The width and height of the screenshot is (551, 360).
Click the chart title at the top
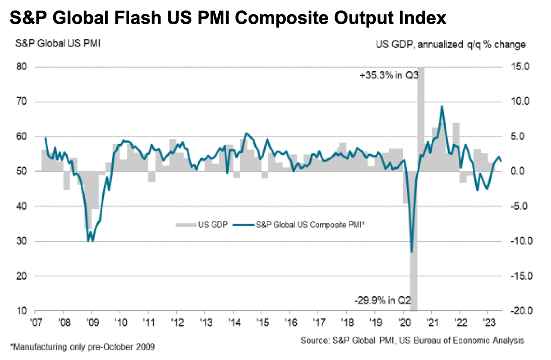[228, 19]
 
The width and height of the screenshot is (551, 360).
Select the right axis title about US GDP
[451, 44]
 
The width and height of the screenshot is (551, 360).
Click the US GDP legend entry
[203, 224]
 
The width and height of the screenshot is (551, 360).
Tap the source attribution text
[412, 340]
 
